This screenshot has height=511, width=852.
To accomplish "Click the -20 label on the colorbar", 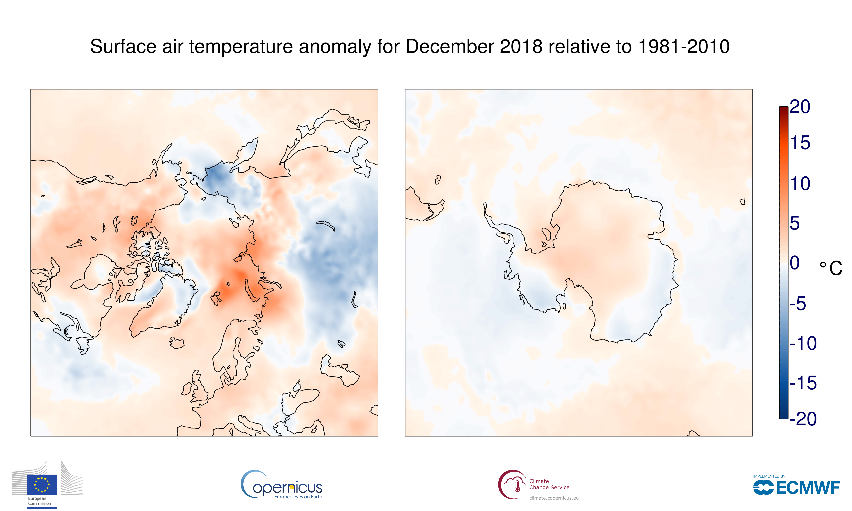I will point(803,419).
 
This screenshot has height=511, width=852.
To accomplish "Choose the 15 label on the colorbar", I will point(800,143).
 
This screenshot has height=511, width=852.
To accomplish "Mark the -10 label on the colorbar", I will point(803,343).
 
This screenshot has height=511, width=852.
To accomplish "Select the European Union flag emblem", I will point(42,484).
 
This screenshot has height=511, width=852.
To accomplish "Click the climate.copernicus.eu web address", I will point(554,498).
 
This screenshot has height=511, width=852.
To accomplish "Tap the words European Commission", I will point(39,501).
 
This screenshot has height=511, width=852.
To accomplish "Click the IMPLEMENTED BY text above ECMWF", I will point(769,476).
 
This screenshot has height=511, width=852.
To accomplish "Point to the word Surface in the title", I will point(123,47).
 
